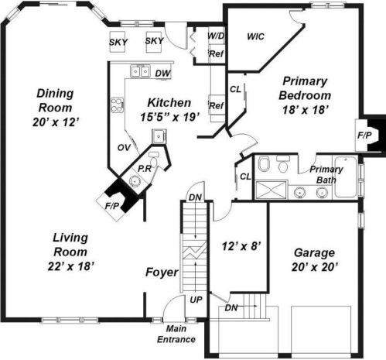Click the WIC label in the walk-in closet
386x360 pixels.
(255, 36)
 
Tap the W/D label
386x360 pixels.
(217, 36)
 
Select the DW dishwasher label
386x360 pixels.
(162, 74)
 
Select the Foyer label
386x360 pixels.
(162, 273)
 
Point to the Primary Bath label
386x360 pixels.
(326, 174)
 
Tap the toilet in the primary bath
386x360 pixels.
(262, 163)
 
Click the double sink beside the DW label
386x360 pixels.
(140, 72)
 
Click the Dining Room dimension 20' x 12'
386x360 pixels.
(53, 122)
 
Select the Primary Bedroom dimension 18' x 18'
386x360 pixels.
(306, 109)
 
